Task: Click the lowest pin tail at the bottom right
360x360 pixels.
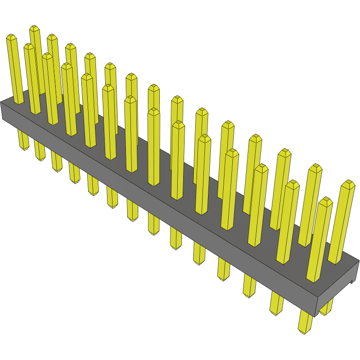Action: click(304, 328)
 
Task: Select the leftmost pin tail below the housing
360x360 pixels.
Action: click(23, 146)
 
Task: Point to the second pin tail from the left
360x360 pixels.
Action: click(40, 156)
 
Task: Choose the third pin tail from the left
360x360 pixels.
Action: click(57, 168)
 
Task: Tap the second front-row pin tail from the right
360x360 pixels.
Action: click(277, 311)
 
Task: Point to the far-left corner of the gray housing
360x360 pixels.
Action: click(1, 103)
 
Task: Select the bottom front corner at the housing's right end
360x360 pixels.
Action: click(315, 316)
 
